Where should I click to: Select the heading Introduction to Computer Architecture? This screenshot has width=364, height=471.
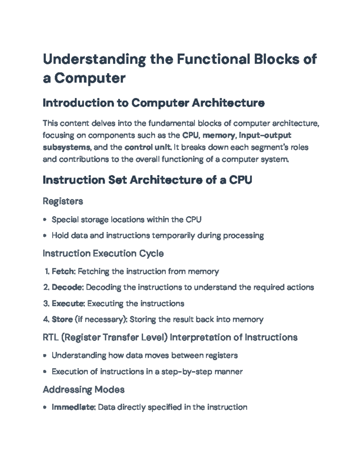[x=153, y=103]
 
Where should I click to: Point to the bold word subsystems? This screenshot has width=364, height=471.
[x=66, y=147]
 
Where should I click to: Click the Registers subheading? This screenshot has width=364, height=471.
[x=63, y=201]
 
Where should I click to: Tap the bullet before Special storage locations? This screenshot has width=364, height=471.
[x=45, y=220]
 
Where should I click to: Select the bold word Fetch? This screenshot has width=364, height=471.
[x=63, y=271]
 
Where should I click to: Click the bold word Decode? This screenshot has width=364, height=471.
[x=67, y=287]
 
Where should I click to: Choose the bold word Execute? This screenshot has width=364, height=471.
[x=68, y=303]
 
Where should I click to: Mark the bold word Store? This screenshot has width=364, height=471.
[x=62, y=319]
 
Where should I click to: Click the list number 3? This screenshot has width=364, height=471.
[x=46, y=303]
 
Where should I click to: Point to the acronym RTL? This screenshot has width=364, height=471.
[x=51, y=337]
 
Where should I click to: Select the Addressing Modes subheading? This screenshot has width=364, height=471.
[x=84, y=389]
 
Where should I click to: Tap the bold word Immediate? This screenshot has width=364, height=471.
[x=73, y=407]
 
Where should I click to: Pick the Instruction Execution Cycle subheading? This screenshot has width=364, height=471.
[x=103, y=254]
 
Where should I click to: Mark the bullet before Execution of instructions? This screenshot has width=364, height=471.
[x=45, y=372]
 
